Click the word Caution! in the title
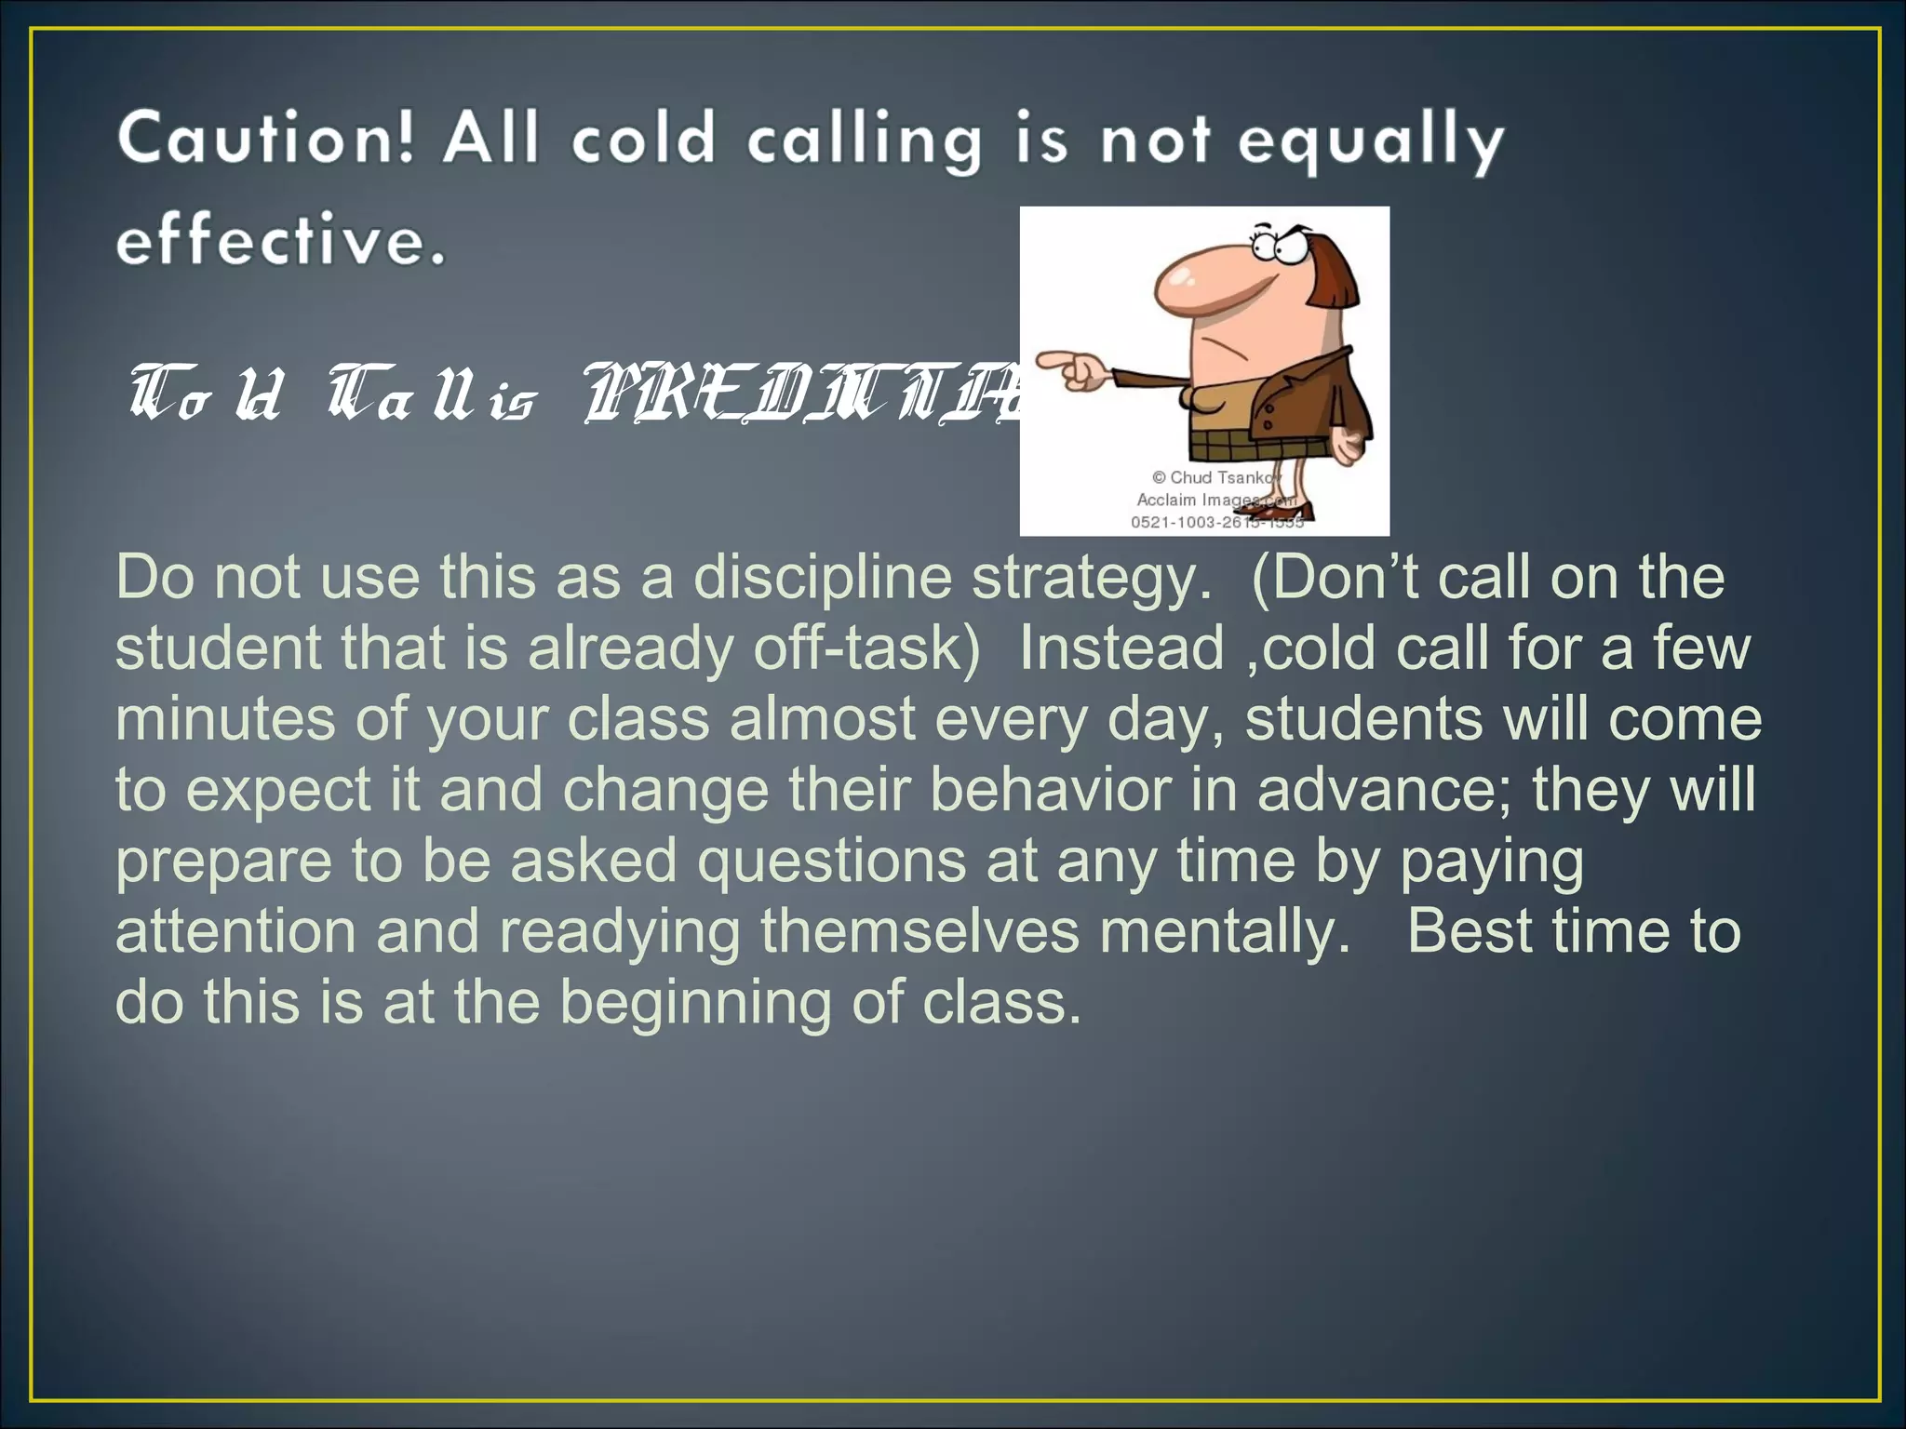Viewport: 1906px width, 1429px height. (x=264, y=140)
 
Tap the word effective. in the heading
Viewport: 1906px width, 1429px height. (x=280, y=240)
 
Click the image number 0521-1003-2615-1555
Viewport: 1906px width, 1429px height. (x=1216, y=523)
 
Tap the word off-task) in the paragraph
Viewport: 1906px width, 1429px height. (x=866, y=648)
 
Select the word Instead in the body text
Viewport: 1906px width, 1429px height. (x=1121, y=648)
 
